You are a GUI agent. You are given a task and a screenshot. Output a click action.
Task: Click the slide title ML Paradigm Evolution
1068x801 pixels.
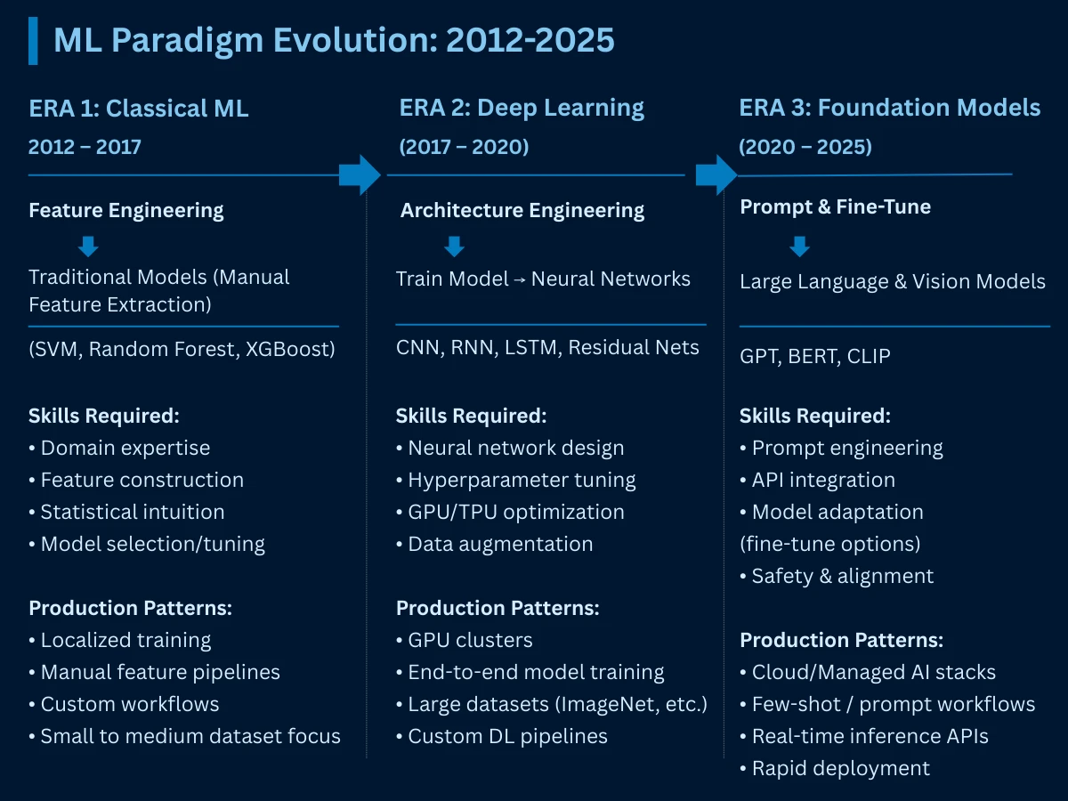[334, 40]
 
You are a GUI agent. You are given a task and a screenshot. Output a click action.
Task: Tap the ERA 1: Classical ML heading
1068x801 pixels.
[138, 109]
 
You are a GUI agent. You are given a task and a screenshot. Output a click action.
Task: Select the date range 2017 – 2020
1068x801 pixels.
[464, 147]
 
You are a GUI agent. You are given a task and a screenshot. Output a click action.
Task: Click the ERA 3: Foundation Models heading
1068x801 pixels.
[889, 109]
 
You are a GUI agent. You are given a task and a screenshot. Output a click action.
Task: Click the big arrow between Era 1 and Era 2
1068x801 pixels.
[360, 174]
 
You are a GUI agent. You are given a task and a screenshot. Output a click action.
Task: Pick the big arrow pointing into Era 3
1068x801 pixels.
[716, 174]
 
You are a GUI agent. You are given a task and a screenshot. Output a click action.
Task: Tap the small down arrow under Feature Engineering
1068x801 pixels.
[88, 247]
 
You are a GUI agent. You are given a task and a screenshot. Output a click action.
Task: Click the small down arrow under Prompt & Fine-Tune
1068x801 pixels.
[799, 247]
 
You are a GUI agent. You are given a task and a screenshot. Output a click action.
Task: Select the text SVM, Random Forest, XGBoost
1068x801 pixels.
[182, 349]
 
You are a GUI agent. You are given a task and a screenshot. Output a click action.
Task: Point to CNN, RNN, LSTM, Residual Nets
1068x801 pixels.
[547, 347]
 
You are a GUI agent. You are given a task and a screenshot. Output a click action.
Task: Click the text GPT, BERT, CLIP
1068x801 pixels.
[814, 356]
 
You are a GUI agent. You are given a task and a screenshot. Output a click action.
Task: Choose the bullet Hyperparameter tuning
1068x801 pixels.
[522, 481]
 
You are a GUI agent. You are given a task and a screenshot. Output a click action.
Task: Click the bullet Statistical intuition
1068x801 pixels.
[132, 512]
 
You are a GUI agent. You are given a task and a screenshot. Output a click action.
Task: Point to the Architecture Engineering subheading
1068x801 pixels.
[522, 211]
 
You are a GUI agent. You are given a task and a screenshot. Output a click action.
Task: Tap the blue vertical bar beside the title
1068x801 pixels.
[33, 40]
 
